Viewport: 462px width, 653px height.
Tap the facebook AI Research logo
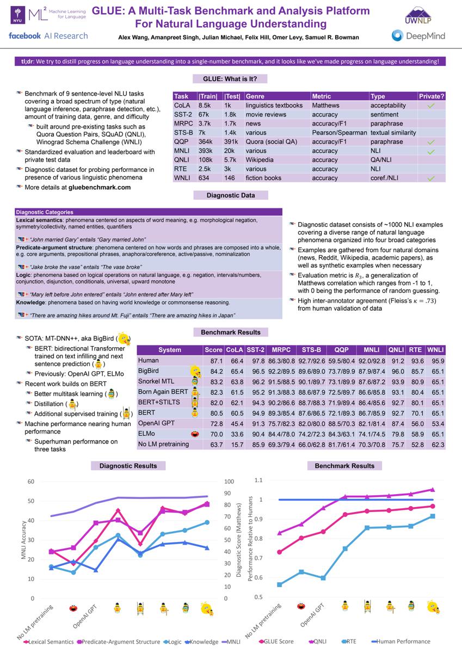click(x=48, y=36)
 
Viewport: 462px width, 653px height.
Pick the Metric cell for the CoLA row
click(x=325, y=105)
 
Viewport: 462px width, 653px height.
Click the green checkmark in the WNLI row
click(x=430, y=178)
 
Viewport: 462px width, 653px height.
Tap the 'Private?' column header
click(x=432, y=96)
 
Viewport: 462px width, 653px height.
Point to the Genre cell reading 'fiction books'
click(x=265, y=178)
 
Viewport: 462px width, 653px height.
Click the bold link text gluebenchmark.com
click(x=100, y=187)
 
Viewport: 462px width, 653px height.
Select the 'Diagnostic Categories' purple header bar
click(x=148, y=212)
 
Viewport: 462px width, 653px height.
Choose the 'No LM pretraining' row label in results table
click(x=164, y=445)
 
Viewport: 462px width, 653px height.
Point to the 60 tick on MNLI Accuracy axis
click(x=31, y=482)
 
